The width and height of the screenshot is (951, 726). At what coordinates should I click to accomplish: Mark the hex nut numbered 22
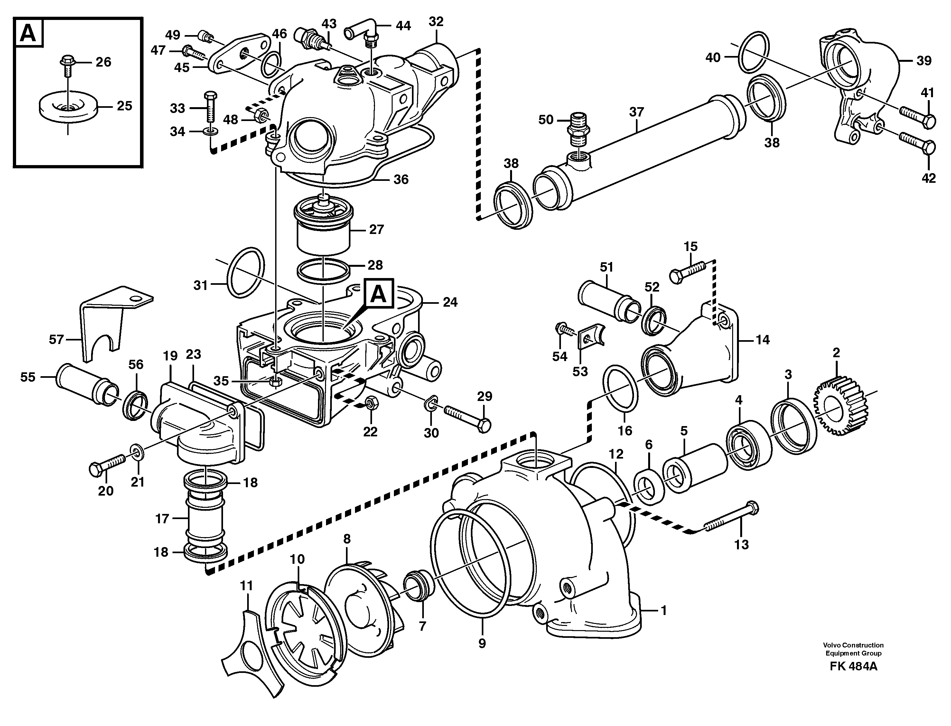[371, 404]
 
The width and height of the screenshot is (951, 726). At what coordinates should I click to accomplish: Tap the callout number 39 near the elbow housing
[924, 61]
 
